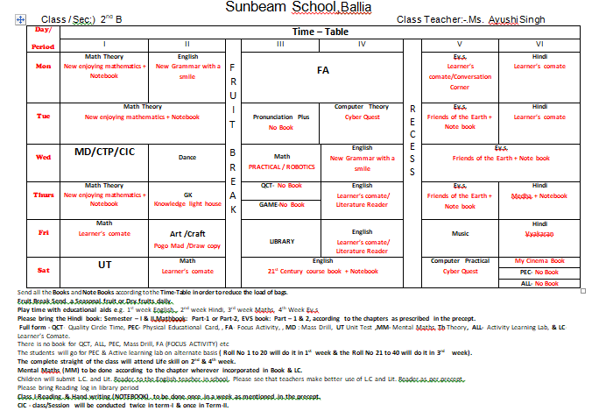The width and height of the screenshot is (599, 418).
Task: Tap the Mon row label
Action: pyautogui.click(x=43, y=66)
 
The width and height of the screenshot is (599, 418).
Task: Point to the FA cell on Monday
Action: pyautogui.click(x=322, y=69)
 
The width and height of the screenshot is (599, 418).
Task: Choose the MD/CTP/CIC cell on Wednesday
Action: pyautogui.click(x=104, y=152)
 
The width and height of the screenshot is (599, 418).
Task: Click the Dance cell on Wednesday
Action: pyautogui.click(x=187, y=157)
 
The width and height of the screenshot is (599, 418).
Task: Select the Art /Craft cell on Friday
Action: pyautogui.click(x=187, y=234)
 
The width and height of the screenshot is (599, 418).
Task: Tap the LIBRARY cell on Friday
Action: pyautogui.click(x=281, y=241)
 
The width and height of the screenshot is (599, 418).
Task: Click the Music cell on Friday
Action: pyautogui.click(x=460, y=234)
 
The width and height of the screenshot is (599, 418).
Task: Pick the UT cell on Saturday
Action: pyautogui.click(x=104, y=265)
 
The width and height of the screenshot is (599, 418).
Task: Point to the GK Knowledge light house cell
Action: pyautogui.click(x=187, y=198)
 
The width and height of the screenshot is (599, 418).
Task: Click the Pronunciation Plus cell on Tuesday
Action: pyautogui.click(x=281, y=122)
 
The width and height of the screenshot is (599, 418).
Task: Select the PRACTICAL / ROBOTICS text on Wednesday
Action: pyautogui.click(x=281, y=166)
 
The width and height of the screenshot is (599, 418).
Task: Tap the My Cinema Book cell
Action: pyautogui.click(x=539, y=260)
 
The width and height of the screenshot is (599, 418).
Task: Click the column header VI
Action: pyautogui.click(x=539, y=43)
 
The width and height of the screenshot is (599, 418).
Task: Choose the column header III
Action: pyautogui.click(x=281, y=43)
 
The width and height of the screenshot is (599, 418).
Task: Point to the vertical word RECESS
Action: pyautogui.click(x=413, y=139)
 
